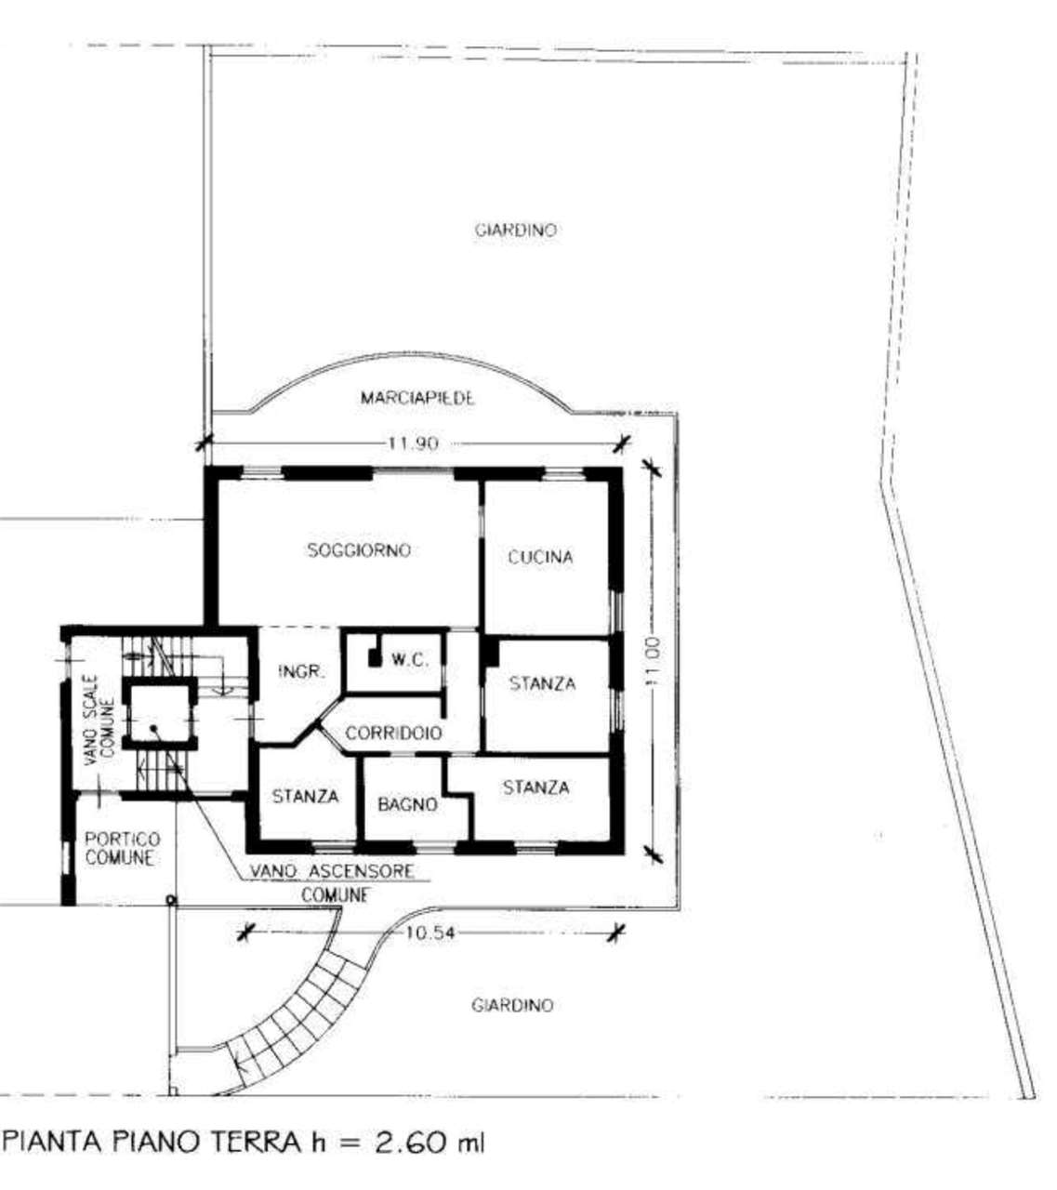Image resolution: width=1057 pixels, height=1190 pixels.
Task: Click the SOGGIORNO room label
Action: click(359, 550)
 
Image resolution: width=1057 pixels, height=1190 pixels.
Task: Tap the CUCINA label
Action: click(540, 557)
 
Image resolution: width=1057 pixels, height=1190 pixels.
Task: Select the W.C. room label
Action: click(411, 660)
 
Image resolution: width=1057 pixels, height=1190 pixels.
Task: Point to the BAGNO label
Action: click(408, 804)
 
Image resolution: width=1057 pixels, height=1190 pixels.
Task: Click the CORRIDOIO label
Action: click(393, 733)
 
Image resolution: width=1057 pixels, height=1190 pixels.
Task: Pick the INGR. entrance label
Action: click(301, 671)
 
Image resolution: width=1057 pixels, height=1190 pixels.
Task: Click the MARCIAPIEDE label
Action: click(417, 398)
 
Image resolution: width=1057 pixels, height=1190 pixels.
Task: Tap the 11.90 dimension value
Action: click(414, 443)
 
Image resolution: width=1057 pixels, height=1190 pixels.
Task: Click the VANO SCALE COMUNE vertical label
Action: click(99, 720)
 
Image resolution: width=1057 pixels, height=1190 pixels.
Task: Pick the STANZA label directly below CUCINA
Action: click(542, 683)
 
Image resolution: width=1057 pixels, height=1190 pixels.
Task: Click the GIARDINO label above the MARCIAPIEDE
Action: click(515, 230)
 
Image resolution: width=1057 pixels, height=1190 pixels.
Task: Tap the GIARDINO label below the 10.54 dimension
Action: click(511, 1005)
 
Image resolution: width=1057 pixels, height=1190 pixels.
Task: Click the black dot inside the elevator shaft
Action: click(153, 728)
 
